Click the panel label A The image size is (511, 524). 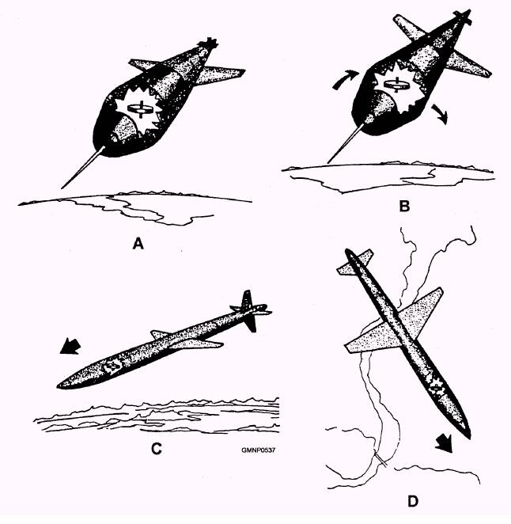click(x=138, y=244)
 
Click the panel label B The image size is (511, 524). click(x=404, y=206)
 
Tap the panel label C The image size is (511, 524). click(x=157, y=449)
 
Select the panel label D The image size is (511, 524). click(x=413, y=502)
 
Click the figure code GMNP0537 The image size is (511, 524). click(x=259, y=450)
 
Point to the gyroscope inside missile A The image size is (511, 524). click(x=141, y=109)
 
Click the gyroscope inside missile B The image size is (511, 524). click(x=397, y=85)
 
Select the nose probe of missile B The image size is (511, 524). click(x=346, y=143)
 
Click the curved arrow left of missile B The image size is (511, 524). click(x=346, y=79)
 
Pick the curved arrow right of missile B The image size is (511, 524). click(x=440, y=114)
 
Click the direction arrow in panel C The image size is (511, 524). click(x=70, y=346)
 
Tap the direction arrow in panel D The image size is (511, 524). click(x=445, y=443)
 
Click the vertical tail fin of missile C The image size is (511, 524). click(x=248, y=311)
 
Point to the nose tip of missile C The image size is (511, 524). click(x=58, y=386)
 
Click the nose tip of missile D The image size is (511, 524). click(x=469, y=437)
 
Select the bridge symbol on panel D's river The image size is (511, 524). click(x=381, y=461)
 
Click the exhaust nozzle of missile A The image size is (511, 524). click(x=207, y=44)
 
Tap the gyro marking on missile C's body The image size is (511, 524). click(x=112, y=366)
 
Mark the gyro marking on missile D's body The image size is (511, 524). click(x=436, y=387)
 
